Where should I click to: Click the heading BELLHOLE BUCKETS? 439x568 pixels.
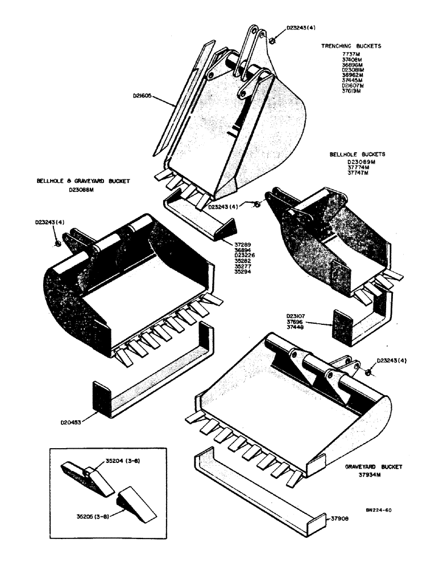click(357, 154)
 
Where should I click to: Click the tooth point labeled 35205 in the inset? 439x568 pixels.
click(133, 503)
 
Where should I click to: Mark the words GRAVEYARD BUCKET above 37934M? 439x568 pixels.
click(372, 467)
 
